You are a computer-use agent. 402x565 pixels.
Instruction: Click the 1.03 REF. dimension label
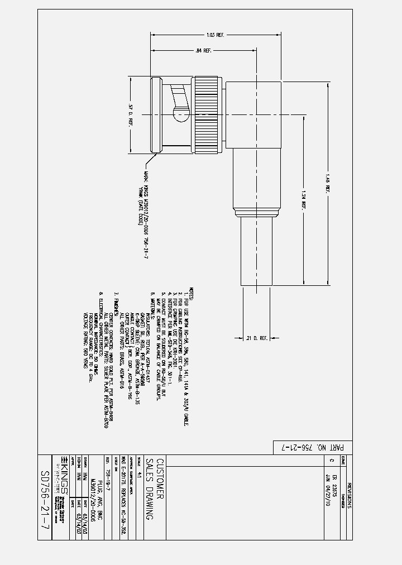215,35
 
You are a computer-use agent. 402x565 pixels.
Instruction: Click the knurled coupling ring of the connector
200,118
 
